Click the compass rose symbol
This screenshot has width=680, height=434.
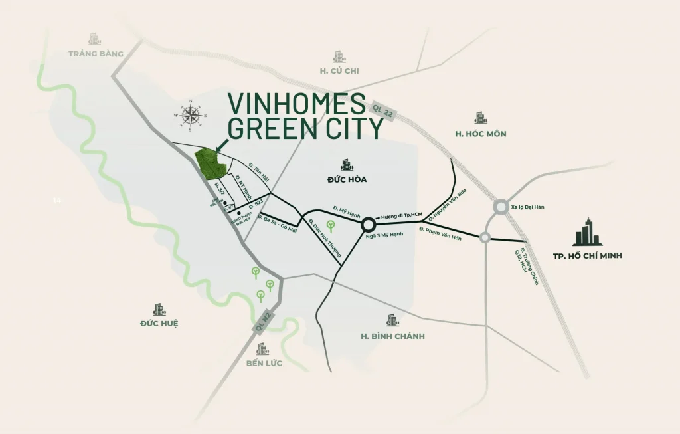(x=191, y=116)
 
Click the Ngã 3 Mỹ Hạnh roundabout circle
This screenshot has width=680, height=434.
(x=369, y=226)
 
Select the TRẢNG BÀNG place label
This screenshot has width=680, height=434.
(x=96, y=54)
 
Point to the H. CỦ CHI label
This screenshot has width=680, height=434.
(x=339, y=71)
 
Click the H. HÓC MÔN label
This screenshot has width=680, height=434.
(x=481, y=134)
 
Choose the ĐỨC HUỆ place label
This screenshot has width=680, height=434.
(x=159, y=324)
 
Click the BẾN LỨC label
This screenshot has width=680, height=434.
(x=264, y=363)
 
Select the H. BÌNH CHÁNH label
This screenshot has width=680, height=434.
(x=392, y=336)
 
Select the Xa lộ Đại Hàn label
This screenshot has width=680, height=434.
(x=528, y=207)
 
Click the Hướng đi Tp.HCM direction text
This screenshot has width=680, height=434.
(x=402, y=217)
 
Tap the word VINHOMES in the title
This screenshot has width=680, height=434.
(x=297, y=103)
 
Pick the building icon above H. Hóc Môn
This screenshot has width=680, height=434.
(x=481, y=118)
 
